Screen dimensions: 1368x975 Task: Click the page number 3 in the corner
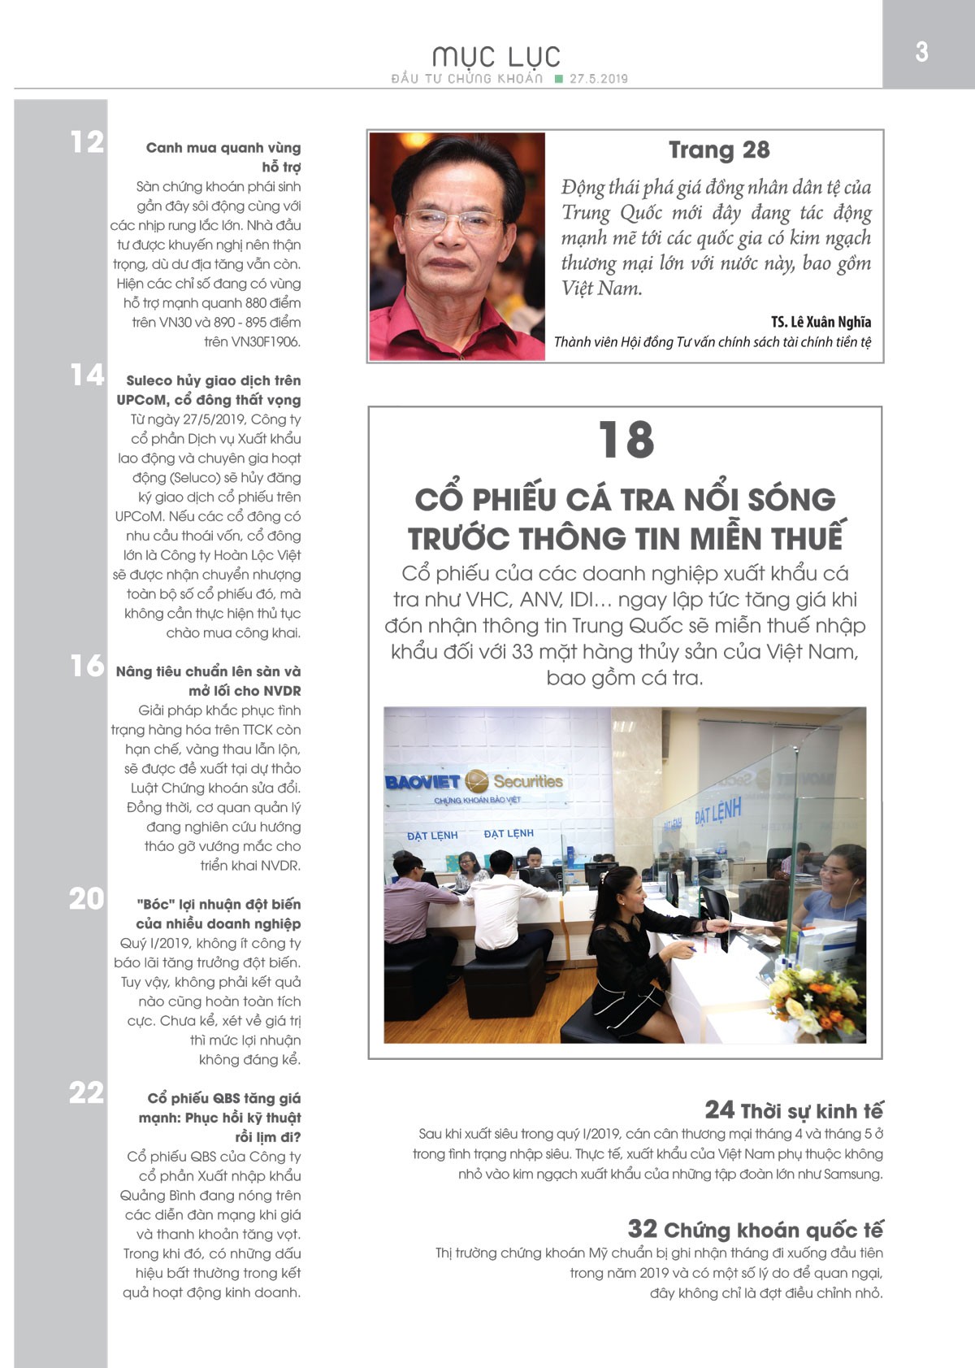(921, 52)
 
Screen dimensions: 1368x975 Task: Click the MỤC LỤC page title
(496, 56)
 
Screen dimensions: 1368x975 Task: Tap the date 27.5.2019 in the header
(599, 79)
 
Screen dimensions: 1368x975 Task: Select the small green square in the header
(558, 79)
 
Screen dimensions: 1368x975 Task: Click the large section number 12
(87, 142)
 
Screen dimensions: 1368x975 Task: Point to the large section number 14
(87, 375)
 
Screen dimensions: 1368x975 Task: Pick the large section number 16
(87, 666)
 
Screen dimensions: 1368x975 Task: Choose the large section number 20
(87, 898)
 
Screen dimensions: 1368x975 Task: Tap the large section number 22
(87, 1092)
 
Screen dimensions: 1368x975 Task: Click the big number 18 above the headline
(626, 441)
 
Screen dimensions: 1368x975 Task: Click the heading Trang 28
(719, 150)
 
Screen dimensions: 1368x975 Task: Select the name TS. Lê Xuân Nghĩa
(821, 322)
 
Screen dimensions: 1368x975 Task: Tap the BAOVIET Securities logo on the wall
(474, 782)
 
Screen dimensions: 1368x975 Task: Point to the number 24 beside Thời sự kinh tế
(719, 1110)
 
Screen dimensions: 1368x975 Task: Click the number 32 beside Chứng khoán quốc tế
(642, 1229)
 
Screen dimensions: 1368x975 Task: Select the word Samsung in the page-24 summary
(852, 1174)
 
